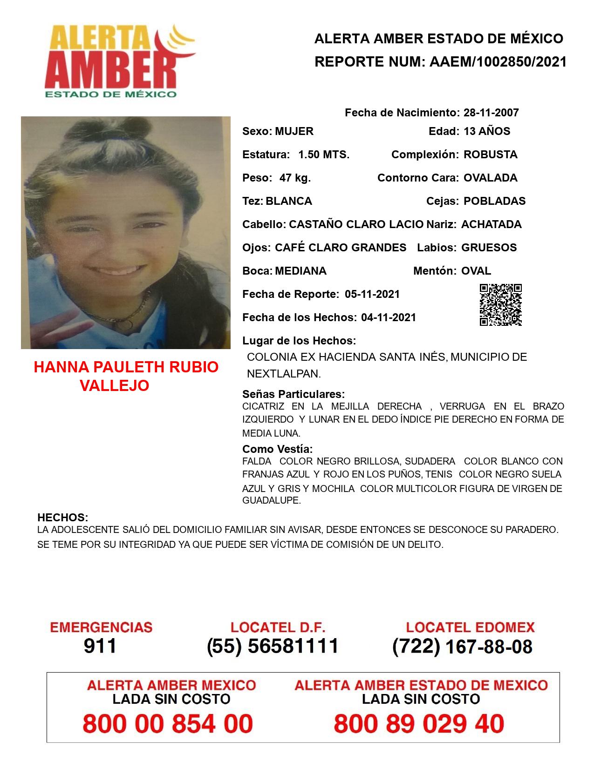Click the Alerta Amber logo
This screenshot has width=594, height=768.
tap(119, 61)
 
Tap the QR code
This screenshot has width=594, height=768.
tap(500, 304)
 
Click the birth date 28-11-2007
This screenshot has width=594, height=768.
tap(491, 113)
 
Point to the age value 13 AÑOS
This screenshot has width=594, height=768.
tap(487, 131)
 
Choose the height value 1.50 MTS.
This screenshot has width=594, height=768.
tap(324, 155)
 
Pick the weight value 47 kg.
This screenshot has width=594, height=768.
tap(295, 178)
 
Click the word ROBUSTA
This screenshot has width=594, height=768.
tap(490, 155)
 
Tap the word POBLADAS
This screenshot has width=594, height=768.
tap(494, 201)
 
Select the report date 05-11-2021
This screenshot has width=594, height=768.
tap(372, 294)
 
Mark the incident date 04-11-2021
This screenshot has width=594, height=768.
tap(389, 317)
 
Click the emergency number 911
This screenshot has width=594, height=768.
tap(100, 646)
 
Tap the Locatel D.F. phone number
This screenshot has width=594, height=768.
tap(273, 646)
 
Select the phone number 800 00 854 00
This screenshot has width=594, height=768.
tap(168, 724)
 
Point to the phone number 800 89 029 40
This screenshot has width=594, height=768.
tap(419, 724)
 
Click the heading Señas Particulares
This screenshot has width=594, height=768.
tap(294, 394)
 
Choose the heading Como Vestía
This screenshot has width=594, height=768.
tap(277, 449)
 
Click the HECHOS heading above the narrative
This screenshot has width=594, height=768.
tap(62, 518)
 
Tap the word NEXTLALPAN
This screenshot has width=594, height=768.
tap(284, 374)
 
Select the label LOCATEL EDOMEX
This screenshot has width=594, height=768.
tap(470, 627)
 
